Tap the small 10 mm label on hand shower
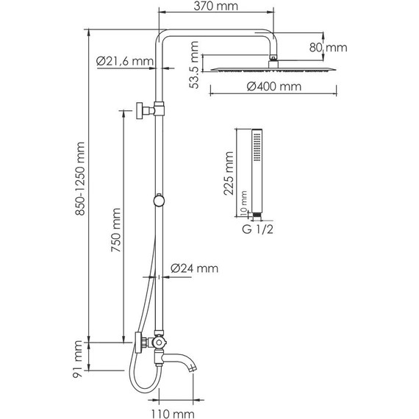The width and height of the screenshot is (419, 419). point(244,209)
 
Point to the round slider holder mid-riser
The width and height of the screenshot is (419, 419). point(157,199)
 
